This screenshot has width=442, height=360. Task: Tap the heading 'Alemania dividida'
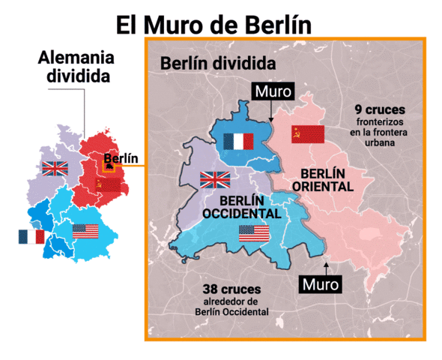coord(78,67)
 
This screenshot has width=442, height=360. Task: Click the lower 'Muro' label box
coord(320,285)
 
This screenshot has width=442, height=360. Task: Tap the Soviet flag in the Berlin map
coord(307,134)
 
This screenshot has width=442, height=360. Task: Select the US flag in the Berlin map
coord(254,233)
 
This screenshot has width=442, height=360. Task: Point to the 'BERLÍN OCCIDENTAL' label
coord(242,207)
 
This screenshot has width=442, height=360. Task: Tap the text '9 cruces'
coord(380,109)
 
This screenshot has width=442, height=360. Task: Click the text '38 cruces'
coord(230,289)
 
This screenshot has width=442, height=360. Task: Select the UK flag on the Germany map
coord(55,168)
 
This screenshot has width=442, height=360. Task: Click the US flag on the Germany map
coord(85,231)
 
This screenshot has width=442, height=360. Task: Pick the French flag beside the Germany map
coord(31,237)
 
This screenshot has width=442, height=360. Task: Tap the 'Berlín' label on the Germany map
coord(121,158)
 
